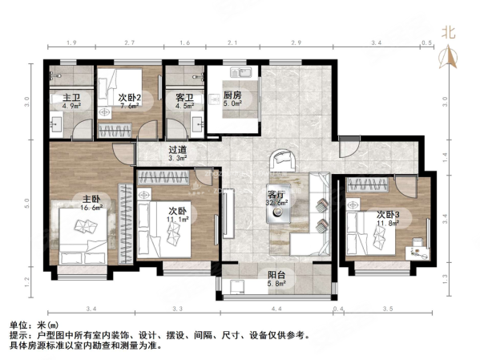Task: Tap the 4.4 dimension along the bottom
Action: point(276,309)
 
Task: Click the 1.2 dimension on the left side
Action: point(26,281)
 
